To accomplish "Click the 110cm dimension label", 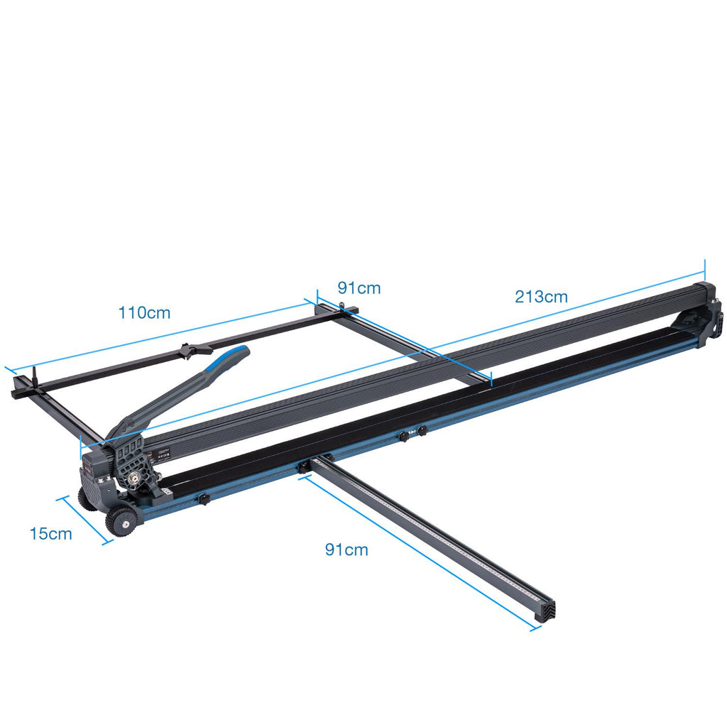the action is (144, 313).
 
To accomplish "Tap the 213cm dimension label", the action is (541, 297).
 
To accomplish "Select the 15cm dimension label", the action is (51, 534).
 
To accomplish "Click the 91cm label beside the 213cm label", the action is (359, 288).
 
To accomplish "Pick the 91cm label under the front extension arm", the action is (346, 550).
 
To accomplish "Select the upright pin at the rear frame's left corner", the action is (35, 376).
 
